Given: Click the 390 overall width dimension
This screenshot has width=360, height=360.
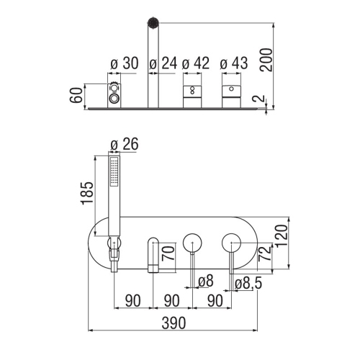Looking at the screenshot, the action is [x=174, y=323].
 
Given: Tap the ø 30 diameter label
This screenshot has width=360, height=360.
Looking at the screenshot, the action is [x=125, y=63].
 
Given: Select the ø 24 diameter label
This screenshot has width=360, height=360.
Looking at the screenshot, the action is [x=163, y=63].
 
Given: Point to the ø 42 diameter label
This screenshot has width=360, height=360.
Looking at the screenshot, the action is [x=196, y=63].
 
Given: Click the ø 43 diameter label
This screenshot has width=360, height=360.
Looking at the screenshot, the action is [x=234, y=63].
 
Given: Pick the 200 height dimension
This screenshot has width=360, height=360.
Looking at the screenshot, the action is [x=267, y=60].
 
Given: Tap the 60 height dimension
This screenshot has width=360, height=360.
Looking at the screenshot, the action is [x=76, y=95].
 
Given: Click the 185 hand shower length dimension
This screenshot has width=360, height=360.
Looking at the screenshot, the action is [x=86, y=193].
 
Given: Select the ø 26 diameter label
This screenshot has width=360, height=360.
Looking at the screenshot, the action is [x=125, y=144].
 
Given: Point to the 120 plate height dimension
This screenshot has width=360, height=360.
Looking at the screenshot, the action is [x=282, y=235].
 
